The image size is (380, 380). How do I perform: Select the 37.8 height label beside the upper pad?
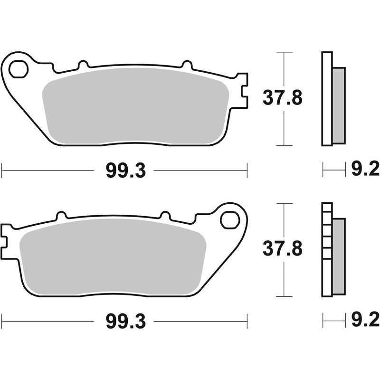coord(282,99)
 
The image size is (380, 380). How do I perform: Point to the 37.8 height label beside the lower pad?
coord(282,248)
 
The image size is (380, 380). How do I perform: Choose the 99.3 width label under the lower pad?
coord(125,323)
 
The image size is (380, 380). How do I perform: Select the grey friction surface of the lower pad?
coord(112,259)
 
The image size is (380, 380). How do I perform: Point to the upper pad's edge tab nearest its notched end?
coord(186,64)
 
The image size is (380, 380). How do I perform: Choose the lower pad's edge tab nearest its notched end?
coord(60,215)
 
